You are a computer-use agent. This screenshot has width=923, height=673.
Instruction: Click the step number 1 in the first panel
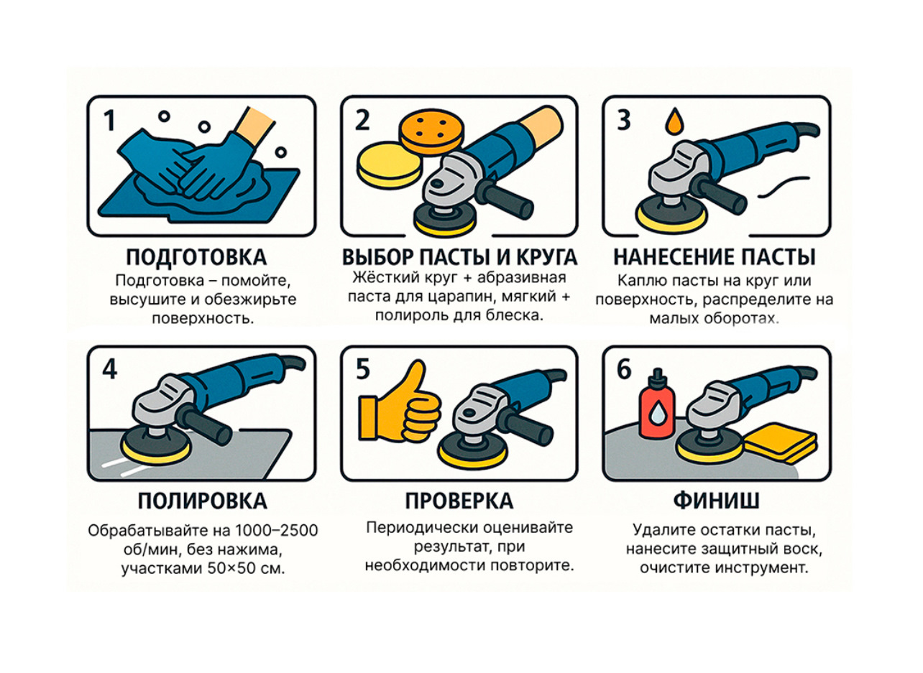109,120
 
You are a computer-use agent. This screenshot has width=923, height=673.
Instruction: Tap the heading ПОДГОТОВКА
196,257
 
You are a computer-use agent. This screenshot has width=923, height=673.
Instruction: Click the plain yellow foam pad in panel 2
390,165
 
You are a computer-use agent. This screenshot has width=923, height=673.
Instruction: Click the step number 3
624,120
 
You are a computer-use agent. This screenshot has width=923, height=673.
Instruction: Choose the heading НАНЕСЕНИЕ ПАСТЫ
715,257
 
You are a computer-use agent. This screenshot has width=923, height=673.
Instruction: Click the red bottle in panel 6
657,404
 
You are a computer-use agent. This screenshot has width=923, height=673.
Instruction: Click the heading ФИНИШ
717,501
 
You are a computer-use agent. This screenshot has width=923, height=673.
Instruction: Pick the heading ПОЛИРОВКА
202,501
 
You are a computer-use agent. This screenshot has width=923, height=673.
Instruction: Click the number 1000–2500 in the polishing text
276,531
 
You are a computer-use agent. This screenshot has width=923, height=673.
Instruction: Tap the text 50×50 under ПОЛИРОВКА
228,568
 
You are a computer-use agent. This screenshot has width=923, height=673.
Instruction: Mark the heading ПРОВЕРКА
459,501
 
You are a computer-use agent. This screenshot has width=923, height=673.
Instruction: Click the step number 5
362,369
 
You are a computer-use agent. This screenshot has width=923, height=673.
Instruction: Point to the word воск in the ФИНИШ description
803,549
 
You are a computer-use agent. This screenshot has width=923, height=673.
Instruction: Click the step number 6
624,369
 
